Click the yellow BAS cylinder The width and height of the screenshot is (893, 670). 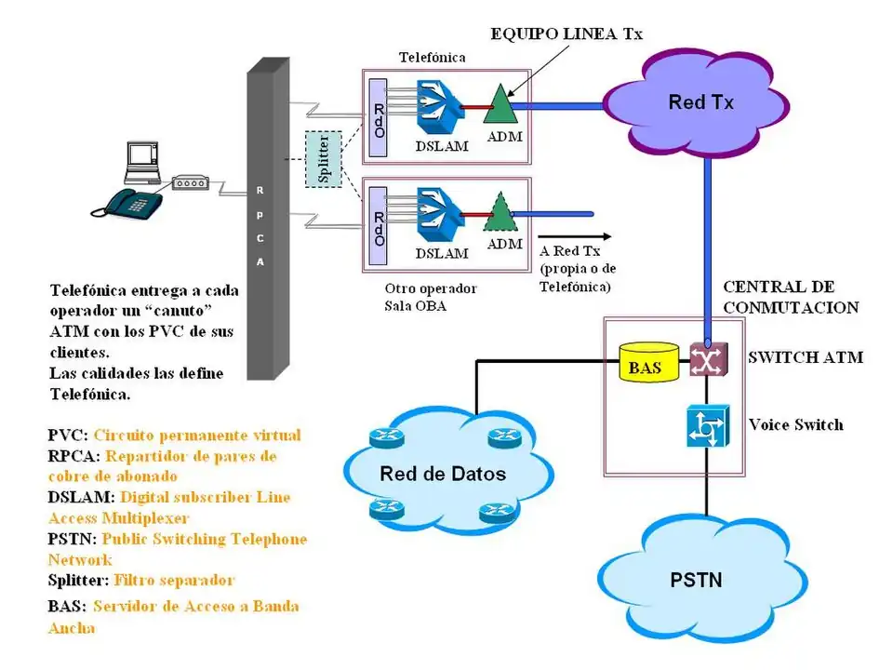(x=645, y=366)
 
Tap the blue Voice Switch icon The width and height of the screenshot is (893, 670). (x=706, y=427)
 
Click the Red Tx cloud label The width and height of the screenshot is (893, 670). (x=700, y=102)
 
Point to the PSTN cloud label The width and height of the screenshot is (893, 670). (x=696, y=582)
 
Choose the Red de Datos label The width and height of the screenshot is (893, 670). (x=442, y=475)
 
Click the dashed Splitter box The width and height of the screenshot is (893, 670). (x=324, y=159)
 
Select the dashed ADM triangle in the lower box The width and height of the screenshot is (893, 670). (x=500, y=213)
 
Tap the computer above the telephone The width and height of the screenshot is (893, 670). (x=143, y=164)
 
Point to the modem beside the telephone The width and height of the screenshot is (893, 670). (x=190, y=183)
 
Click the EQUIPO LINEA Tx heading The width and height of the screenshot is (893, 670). (x=566, y=34)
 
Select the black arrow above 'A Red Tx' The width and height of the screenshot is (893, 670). (x=574, y=236)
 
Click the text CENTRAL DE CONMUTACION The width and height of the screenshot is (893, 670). (x=791, y=297)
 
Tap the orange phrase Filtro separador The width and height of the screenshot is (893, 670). (x=174, y=580)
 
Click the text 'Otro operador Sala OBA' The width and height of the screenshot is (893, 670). (x=430, y=297)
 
